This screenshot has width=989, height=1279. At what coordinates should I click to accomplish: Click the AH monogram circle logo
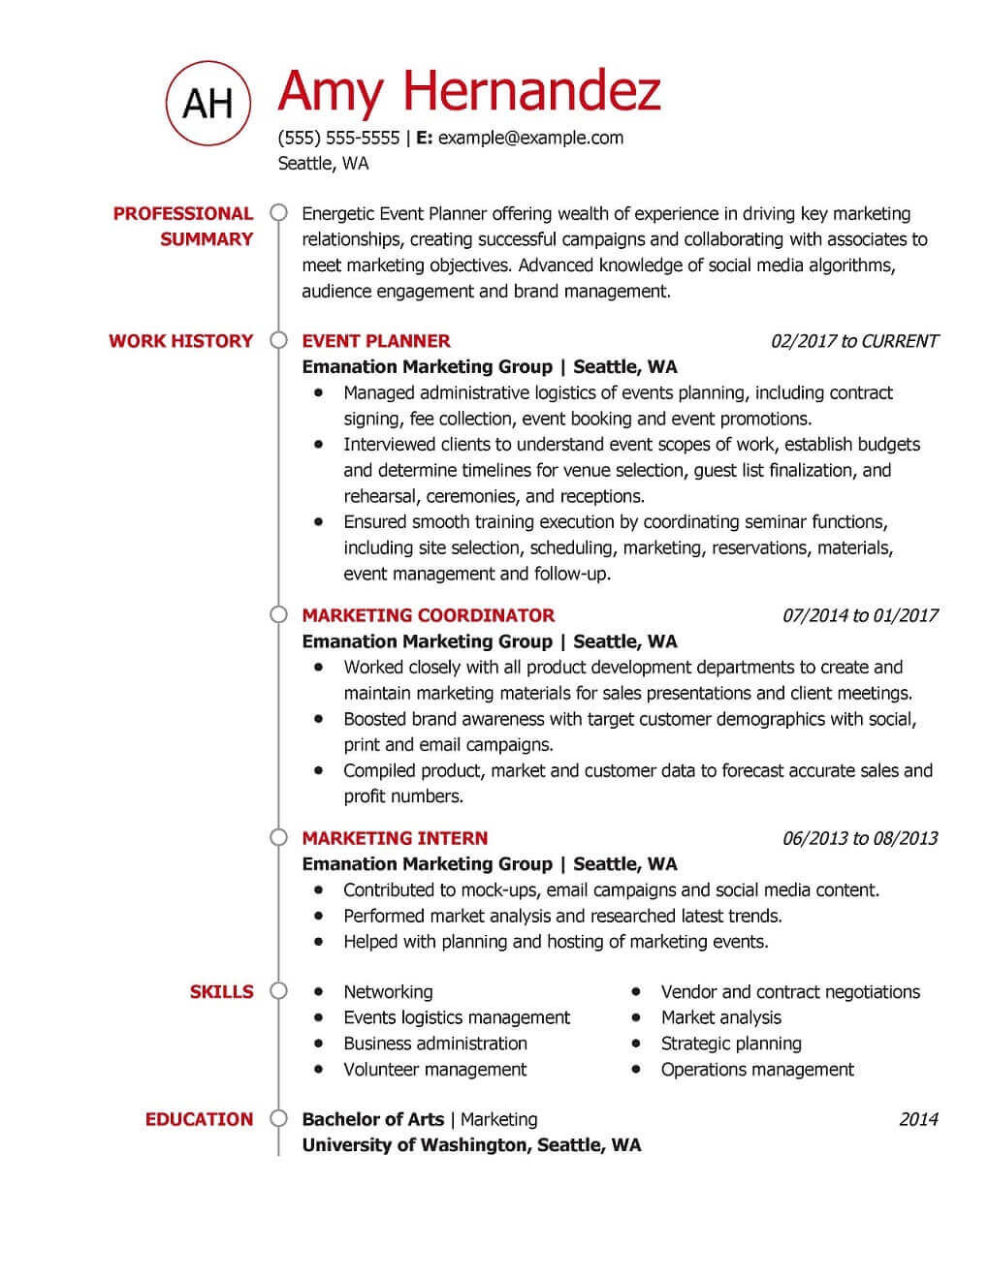[x=207, y=102]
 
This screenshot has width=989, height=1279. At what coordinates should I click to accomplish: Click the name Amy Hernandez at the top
[x=469, y=90]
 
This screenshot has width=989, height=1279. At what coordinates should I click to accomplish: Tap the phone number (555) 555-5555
[x=338, y=138]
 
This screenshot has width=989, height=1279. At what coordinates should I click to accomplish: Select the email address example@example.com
[x=530, y=138]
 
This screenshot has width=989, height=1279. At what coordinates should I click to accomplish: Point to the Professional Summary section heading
[x=182, y=226]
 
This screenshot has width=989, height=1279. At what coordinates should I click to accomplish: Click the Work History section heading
[x=180, y=341]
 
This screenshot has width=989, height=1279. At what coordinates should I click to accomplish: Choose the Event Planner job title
[x=376, y=341]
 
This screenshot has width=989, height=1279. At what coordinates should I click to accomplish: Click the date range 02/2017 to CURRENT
[x=854, y=341]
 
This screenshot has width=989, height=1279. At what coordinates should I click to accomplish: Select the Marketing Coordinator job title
[x=429, y=615]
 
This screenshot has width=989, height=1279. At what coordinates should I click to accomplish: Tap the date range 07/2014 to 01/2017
[x=860, y=615]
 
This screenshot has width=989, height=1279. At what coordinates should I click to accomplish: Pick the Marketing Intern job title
[x=395, y=838]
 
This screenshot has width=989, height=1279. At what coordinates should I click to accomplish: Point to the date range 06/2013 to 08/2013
[x=860, y=838]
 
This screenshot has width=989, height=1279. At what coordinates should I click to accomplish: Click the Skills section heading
[x=221, y=991]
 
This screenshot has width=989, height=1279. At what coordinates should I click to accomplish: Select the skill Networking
[x=388, y=991]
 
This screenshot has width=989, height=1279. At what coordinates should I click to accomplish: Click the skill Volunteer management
[x=434, y=1070]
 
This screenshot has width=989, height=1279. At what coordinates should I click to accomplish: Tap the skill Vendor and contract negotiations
[x=790, y=991]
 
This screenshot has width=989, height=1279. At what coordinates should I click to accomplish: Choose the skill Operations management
[x=757, y=1070]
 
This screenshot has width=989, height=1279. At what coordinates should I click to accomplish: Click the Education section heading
[x=199, y=1119]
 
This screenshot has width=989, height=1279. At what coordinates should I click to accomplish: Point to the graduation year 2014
[x=918, y=1119]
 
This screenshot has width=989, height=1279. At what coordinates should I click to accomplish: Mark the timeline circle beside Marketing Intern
[x=279, y=837]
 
